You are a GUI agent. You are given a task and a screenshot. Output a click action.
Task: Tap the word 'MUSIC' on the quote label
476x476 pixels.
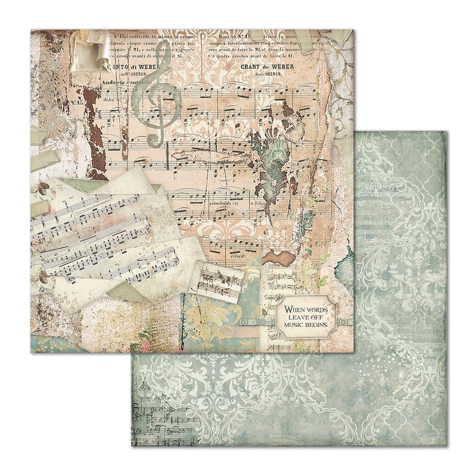pyautogui.click(x=294, y=324)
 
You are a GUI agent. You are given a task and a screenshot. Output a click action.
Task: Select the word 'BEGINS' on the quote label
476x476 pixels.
pyautogui.click(x=316, y=324)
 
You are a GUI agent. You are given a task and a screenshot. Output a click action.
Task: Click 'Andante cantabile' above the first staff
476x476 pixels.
pyautogui.click(x=125, y=83)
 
